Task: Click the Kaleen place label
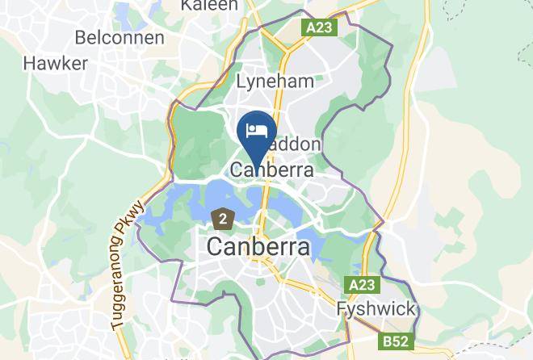209,6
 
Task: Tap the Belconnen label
119,38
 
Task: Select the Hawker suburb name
56,63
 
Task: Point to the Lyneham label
274,82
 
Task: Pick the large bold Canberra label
258,247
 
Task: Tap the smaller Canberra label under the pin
271,170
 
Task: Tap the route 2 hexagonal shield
222,217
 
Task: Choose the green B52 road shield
396,341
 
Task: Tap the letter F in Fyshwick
342,309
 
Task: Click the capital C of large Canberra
216,247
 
